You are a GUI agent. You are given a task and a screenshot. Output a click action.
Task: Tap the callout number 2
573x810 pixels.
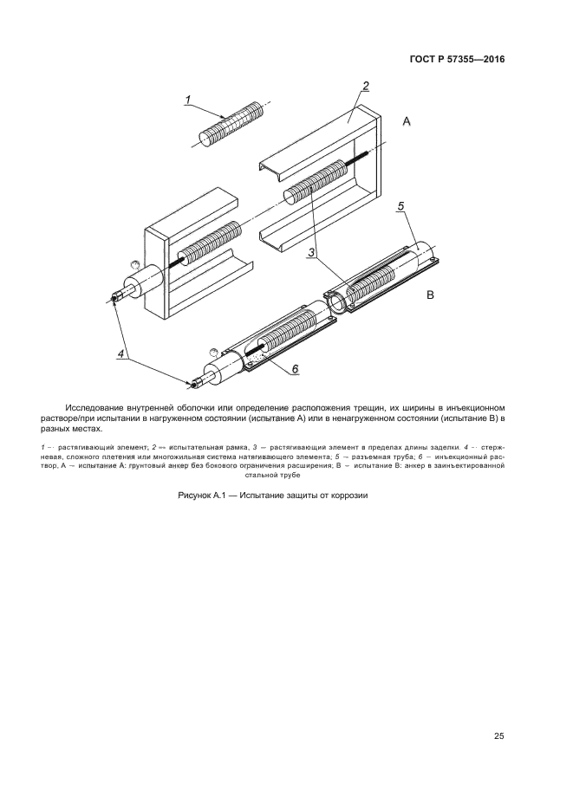pos(366,86)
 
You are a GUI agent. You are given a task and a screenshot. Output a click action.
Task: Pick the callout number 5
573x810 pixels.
pos(400,206)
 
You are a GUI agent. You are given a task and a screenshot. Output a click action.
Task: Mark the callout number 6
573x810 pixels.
pos(295,369)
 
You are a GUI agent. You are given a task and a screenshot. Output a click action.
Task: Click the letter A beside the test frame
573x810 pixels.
pos(407,124)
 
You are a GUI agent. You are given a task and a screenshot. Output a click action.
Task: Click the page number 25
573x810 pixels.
pos(498,736)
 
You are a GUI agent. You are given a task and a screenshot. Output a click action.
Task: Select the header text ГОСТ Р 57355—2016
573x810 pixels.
pos(457,60)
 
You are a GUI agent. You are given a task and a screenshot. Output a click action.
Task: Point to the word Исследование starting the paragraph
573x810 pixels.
pos(97,407)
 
